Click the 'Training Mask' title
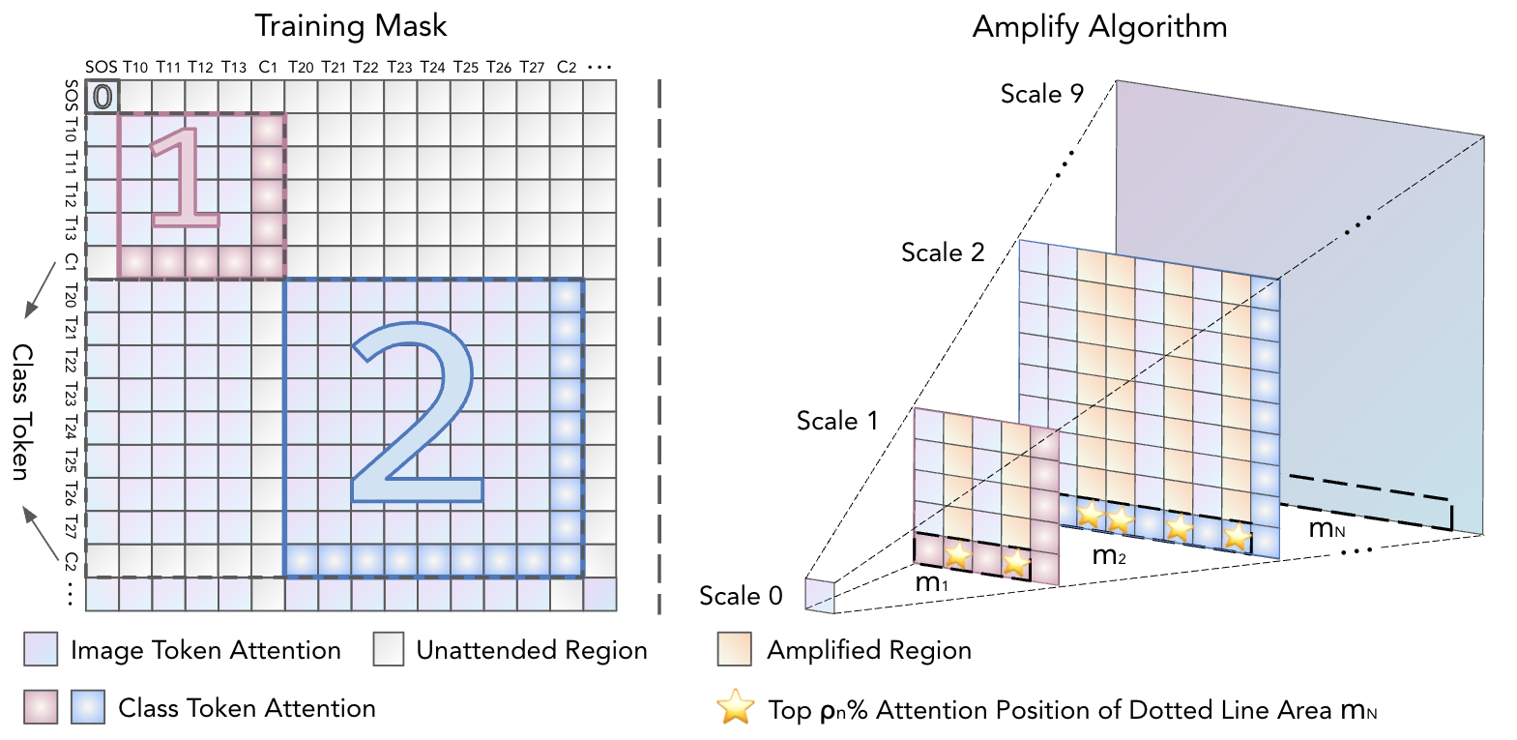pos(350,26)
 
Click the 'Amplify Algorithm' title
pos(1099,27)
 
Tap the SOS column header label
pos(101,67)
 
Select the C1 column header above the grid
pos(268,67)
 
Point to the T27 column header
pos(532,67)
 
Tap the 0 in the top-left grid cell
pos(102,97)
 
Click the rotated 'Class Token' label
pos(22,411)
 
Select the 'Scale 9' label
pos(1041,94)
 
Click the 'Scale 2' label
pos(942,252)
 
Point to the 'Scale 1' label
pos(836,421)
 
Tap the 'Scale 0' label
pos(741,596)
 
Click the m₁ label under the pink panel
pos(931,583)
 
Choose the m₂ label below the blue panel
pos(1109,556)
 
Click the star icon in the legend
pos(736,707)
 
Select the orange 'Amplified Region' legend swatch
pos(735,650)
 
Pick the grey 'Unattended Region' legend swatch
pos(389,650)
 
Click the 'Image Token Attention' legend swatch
pos(41,650)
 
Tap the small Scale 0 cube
pos(819,595)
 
